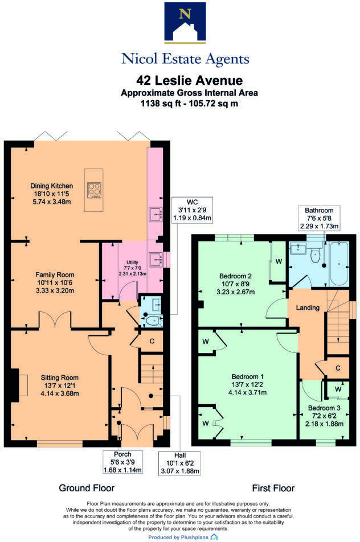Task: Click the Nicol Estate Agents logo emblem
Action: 185,23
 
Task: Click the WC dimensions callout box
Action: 191,210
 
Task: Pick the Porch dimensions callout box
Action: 122,462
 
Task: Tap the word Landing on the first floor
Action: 307,307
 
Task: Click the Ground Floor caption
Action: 87,488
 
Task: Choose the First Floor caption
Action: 273,488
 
